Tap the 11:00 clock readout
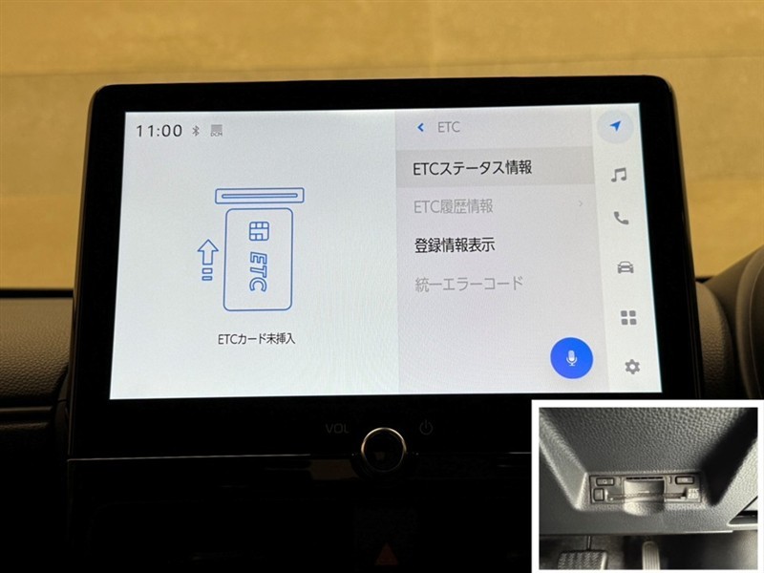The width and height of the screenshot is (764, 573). pos(159,131)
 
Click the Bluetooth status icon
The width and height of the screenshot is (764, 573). pos(196,131)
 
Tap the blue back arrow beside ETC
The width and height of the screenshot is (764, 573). pos(420,128)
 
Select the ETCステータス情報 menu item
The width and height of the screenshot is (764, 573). pos(472,168)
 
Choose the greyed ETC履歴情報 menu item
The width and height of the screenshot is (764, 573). pos(453,206)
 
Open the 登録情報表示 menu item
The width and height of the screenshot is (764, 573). pos(455,244)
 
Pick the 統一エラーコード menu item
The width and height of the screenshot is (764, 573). pos(469,284)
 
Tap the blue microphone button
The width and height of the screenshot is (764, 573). pos(571,358)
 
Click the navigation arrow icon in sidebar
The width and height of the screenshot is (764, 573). pos(616,126)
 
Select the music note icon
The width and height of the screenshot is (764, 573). pos(619,175)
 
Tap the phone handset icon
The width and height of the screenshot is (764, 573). pos(622,218)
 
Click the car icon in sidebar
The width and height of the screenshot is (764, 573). pos(626,267)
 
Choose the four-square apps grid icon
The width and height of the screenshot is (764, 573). pos(628,318)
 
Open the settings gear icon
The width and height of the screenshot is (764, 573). pos(632,367)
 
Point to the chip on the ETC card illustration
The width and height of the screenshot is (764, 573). pos(259,231)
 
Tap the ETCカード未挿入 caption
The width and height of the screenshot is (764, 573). pos(256,339)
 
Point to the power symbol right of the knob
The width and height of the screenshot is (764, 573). pos(426,428)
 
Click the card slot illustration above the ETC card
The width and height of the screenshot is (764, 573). pos(260,196)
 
